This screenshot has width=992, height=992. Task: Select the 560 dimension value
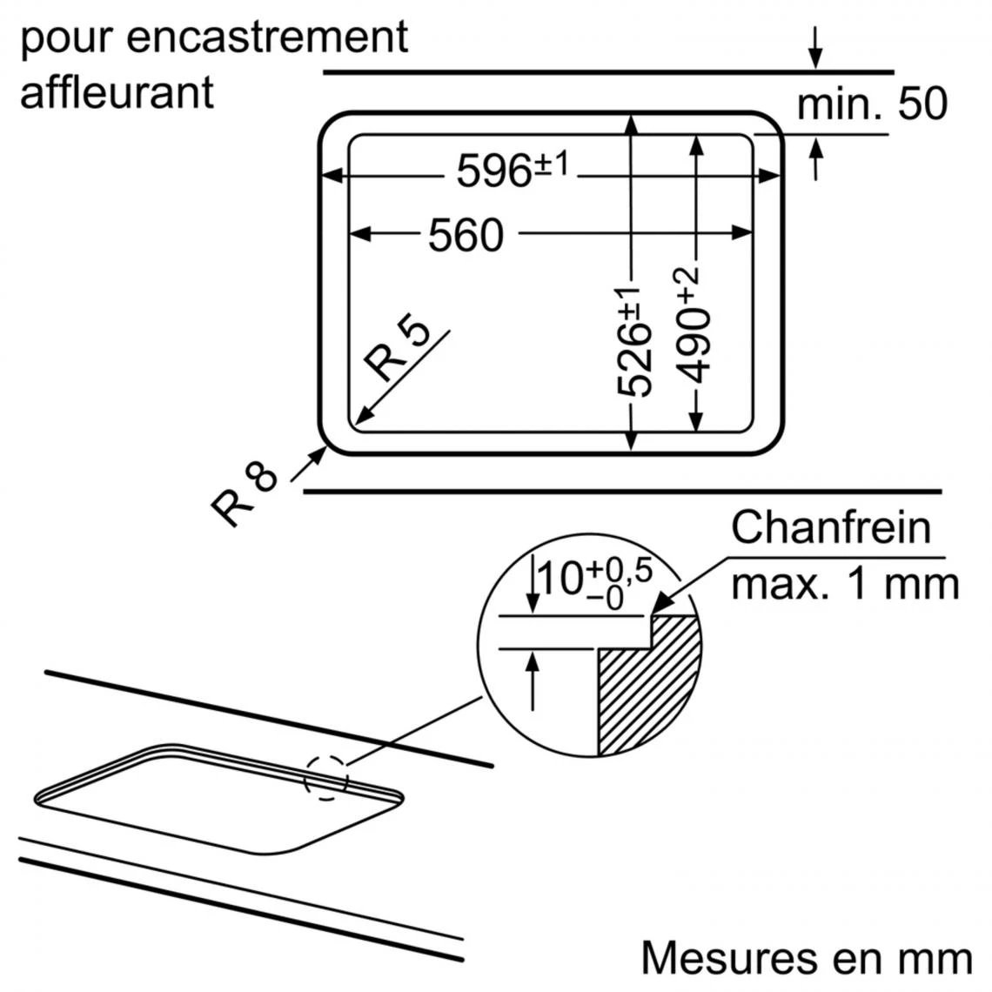coord(466,234)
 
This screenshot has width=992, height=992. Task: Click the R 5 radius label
coord(399,351)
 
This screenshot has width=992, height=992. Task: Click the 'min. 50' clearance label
coord(871,104)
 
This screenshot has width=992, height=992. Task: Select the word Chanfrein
coord(830,527)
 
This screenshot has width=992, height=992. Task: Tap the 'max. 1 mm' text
coord(844,583)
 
